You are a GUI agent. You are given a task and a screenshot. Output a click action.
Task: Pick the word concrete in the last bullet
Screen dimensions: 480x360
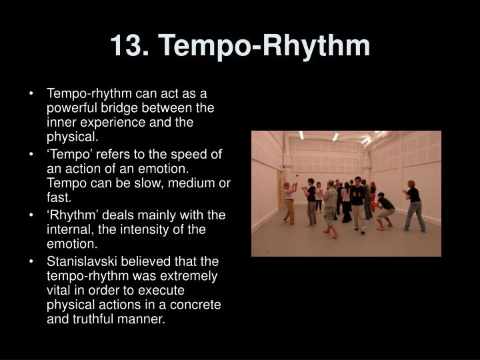tap(195, 305)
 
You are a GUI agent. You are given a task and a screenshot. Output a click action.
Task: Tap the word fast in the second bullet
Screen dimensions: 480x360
tap(57, 197)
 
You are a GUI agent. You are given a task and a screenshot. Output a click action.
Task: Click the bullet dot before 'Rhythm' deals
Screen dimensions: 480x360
tap(31, 215)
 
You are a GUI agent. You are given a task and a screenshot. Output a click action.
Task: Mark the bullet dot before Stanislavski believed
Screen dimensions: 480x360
tap(31, 262)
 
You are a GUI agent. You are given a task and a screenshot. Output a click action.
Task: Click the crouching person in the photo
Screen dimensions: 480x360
tap(384, 211)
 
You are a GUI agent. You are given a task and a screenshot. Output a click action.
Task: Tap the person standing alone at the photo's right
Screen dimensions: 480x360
tap(413, 206)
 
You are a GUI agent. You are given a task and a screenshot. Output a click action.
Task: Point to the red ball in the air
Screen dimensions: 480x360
tap(296, 176)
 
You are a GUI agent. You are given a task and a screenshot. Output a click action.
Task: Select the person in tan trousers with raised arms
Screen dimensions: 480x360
tap(289, 203)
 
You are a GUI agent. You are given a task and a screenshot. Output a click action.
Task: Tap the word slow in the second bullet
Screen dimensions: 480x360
tap(147, 183)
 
